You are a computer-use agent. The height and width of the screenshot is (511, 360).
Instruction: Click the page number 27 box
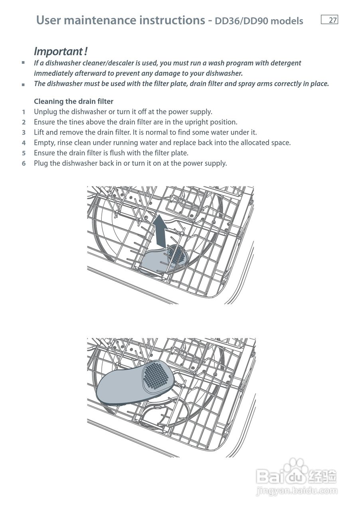tap(329, 20)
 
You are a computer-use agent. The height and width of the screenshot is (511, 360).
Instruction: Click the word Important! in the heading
tap(61, 51)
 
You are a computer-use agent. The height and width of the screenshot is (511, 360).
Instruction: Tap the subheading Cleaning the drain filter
tap(73, 101)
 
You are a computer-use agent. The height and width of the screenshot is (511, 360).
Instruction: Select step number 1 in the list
tap(24, 112)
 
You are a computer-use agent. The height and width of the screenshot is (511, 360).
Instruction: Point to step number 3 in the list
tap(24, 133)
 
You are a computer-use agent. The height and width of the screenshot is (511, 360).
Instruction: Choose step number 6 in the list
tap(24, 163)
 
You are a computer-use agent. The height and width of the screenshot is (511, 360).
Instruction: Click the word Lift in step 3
tap(39, 133)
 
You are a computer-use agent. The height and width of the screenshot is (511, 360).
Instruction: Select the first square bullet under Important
tap(23, 63)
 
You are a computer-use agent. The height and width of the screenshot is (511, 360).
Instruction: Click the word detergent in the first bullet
tap(285, 63)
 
